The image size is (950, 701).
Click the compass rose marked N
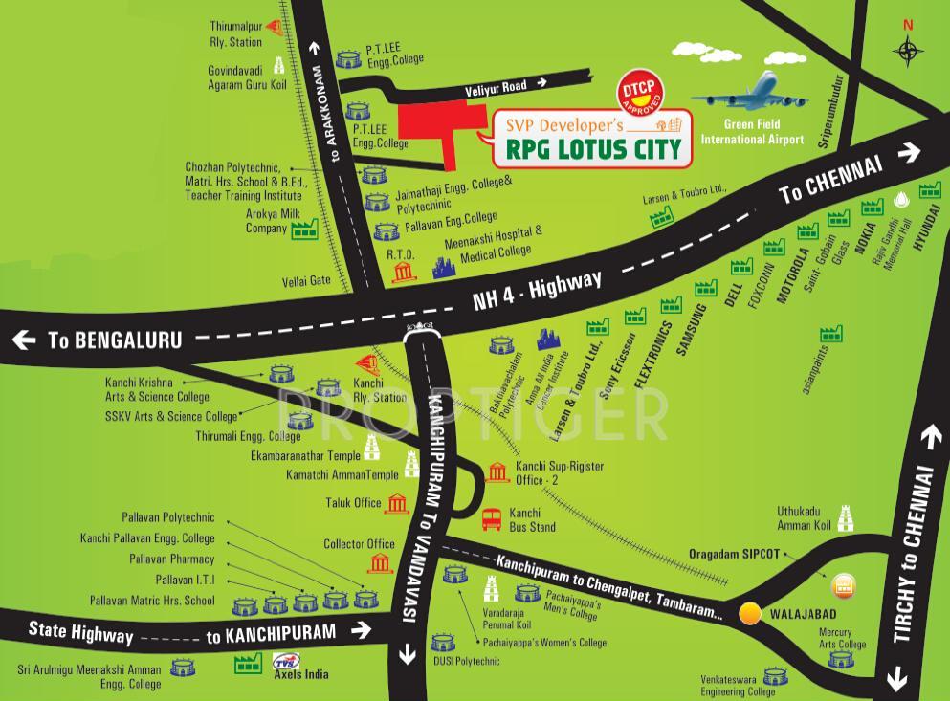(908, 51)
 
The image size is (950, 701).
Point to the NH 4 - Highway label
(537, 290)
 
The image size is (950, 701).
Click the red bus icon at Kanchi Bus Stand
(492, 519)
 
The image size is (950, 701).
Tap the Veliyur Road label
(496, 86)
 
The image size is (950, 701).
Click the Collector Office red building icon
(381, 561)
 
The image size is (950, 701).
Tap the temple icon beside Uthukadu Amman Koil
(845, 517)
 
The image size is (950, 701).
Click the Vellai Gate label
(306, 279)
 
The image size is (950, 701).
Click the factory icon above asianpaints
(830, 334)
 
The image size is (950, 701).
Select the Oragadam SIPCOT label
(735, 554)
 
